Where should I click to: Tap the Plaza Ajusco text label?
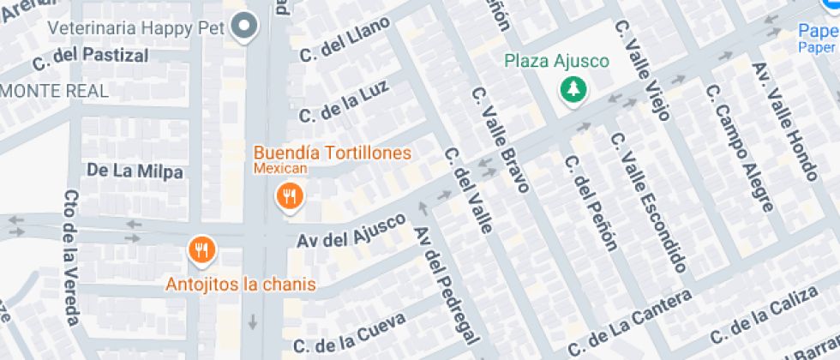[556, 61]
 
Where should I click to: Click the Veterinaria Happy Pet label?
[136, 27]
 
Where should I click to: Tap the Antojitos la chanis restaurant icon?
[201, 250]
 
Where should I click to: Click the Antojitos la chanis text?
[241, 285]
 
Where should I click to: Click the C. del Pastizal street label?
[90, 57]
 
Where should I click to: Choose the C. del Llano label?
[345, 40]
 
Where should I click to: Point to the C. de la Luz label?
[344, 101]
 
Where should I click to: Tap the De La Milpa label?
[135, 171]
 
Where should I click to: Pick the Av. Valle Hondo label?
[786, 121]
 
